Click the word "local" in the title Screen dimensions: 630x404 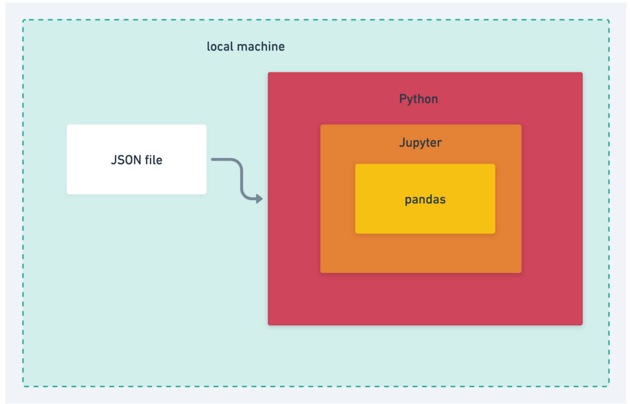click(x=219, y=47)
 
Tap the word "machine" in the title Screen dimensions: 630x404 click(x=261, y=47)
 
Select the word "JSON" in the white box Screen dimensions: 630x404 click(x=126, y=160)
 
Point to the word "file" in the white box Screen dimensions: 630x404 click(x=154, y=160)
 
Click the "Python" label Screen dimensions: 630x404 click(x=419, y=99)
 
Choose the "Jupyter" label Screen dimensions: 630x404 click(x=420, y=143)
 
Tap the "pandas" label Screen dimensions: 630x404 click(x=425, y=200)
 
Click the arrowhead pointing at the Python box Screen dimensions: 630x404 click(x=260, y=199)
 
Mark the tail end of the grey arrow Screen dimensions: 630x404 click(x=212, y=159)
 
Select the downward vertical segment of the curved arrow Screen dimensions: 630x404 click(x=241, y=178)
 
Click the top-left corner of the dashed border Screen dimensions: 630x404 click(x=23, y=20)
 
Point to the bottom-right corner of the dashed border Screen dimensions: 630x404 click(x=609, y=386)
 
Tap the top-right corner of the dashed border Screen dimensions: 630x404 click(x=609, y=20)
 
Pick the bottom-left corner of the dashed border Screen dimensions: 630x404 click(x=23, y=386)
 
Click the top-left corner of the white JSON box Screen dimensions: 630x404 click(x=67, y=125)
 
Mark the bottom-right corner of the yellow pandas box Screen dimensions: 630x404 click(x=495, y=233)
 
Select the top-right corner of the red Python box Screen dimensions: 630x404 click(x=582, y=73)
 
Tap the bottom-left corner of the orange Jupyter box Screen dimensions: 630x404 click(x=320, y=273)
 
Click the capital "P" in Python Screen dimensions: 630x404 click(x=403, y=99)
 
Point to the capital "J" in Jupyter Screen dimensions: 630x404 click(x=402, y=143)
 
